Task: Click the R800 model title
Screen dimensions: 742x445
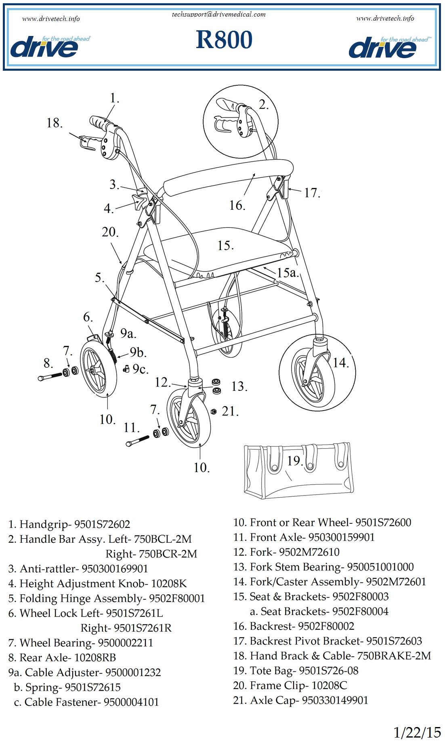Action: coord(224,40)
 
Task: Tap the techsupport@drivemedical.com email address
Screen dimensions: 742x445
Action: coord(218,15)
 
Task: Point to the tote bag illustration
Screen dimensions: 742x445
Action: coord(299,471)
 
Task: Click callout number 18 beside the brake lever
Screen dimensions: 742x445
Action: coord(55,123)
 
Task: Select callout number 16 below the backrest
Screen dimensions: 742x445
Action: coord(237,205)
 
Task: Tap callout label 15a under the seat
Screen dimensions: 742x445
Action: coord(287,272)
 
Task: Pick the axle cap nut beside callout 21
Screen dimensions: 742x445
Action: coord(214,411)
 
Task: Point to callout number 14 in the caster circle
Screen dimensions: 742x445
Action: coord(340,363)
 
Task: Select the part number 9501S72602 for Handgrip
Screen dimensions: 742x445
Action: coord(102,524)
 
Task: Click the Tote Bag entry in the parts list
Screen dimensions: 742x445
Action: coord(296,670)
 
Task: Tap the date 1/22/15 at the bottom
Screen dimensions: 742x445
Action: coord(417,732)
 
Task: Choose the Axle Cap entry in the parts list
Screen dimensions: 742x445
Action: coord(300,700)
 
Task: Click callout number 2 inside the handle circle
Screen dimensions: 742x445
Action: coord(263,105)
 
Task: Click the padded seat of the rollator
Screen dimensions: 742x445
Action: coord(218,253)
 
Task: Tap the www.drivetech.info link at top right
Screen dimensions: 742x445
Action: coord(385,18)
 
